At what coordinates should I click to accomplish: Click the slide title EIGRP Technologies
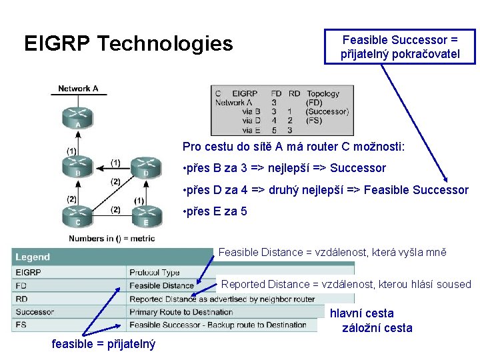tap(129, 44)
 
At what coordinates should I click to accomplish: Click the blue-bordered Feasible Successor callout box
tap(400, 47)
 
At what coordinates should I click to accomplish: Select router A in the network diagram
tap(78, 117)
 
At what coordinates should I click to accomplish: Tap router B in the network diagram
tap(78, 164)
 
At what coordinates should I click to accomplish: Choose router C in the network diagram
tap(78, 215)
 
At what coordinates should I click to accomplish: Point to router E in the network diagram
tap(145, 215)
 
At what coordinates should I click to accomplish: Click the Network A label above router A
tap(78, 89)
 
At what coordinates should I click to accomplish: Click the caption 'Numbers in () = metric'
tap(111, 239)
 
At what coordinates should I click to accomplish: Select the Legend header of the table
tap(33, 257)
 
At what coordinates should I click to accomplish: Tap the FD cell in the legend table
tap(21, 285)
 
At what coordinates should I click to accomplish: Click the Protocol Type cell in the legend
tap(155, 272)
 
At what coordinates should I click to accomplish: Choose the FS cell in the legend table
tap(21, 325)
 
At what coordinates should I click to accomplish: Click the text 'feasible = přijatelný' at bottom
tap(103, 344)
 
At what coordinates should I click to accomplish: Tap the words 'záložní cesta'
tap(377, 328)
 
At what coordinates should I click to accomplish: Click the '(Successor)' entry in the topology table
tap(327, 112)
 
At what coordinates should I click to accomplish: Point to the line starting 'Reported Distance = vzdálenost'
tap(346, 284)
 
